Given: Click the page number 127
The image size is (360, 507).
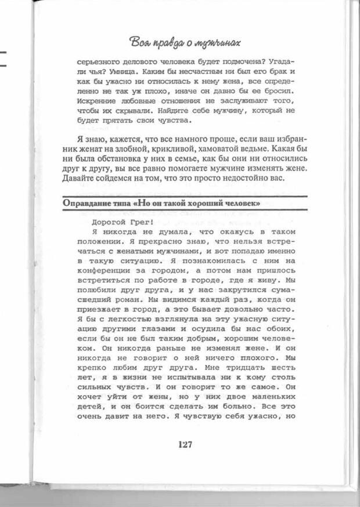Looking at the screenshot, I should [x=185, y=445].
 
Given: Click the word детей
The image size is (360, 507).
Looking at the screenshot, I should [x=89, y=408].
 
